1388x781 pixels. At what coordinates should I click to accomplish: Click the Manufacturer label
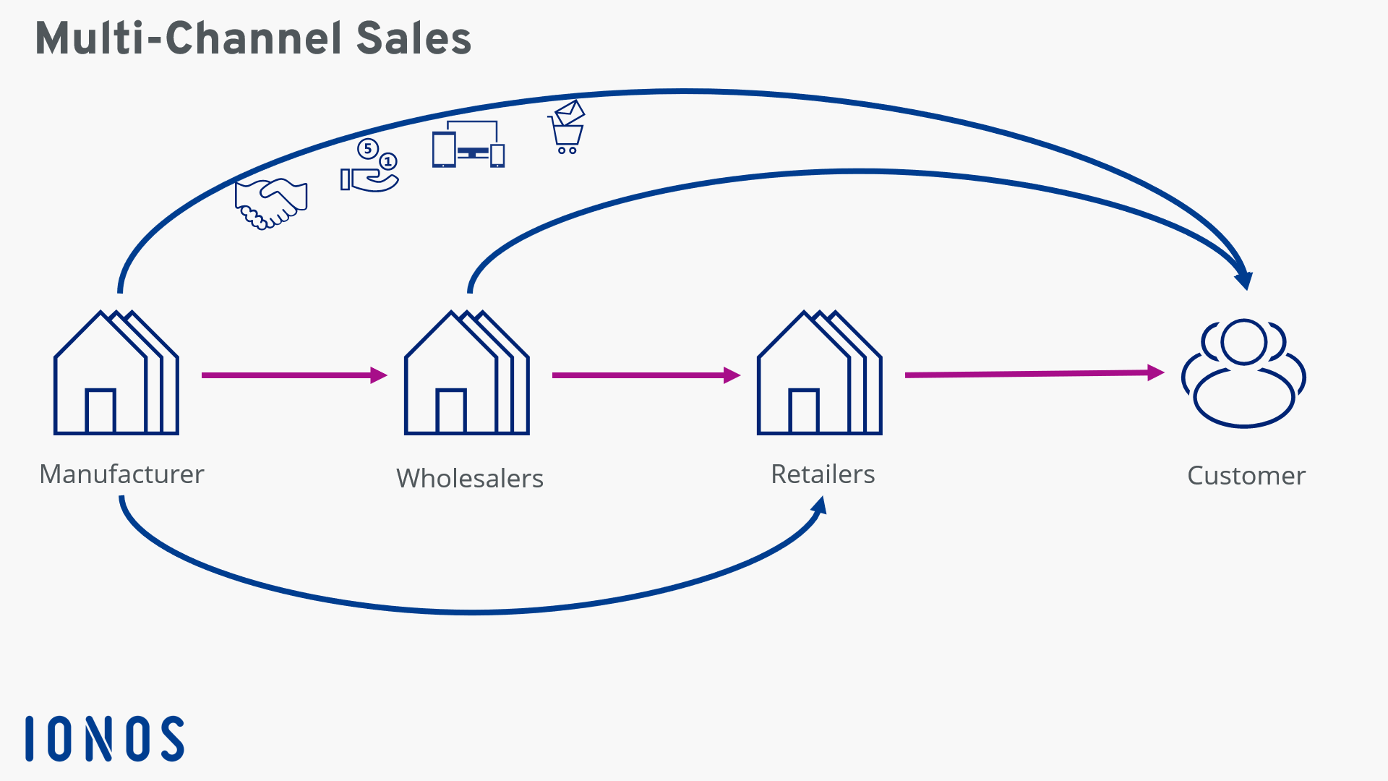click(x=121, y=474)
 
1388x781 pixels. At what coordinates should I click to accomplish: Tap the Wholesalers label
click(x=469, y=479)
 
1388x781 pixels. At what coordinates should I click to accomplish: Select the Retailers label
click(x=823, y=474)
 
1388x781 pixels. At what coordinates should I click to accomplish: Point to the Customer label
click(x=1246, y=476)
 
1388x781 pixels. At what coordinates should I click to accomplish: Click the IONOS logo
click(x=105, y=738)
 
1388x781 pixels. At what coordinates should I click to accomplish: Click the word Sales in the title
click(x=414, y=38)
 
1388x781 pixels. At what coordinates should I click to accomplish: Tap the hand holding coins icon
click(x=369, y=167)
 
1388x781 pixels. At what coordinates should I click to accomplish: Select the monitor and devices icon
click(x=468, y=145)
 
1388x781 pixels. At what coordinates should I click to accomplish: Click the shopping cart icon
click(x=567, y=129)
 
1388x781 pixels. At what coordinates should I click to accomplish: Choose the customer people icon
click(x=1243, y=373)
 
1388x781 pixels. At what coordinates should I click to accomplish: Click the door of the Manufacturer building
click(x=100, y=411)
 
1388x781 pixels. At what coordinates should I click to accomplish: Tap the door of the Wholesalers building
click(x=451, y=411)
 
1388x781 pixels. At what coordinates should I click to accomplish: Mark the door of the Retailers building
click(x=804, y=411)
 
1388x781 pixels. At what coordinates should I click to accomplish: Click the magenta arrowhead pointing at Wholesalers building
click(x=379, y=375)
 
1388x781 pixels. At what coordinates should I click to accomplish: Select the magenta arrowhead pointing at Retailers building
click(x=732, y=375)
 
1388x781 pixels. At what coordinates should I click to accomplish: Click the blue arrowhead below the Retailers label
click(x=820, y=505)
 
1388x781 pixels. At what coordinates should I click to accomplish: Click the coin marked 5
click(x=368, y=149)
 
